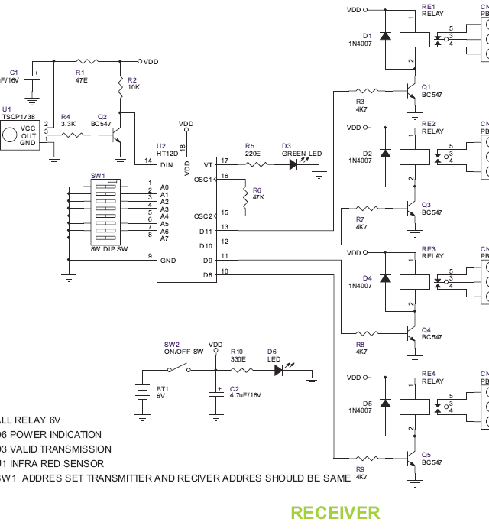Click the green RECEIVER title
point(335,513)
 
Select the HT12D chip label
point(167,153)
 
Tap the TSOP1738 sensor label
point(17,117)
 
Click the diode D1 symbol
point(386,35)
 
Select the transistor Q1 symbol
point(410,91)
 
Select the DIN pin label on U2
point(166,164)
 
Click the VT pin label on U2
point(207,164)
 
